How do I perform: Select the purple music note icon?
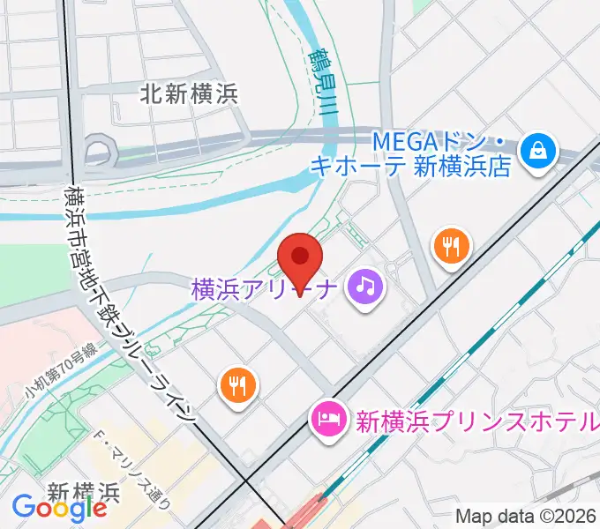pyautogui.click(x=364, y=286)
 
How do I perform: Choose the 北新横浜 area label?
pyautogui.click(x=189, y=93)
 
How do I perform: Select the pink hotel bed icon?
pyautogui.click(x=329, y=419)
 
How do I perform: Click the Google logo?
pyautogui.click(x=59, y=508)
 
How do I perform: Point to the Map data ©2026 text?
pyautogui.click(x=527, y=517)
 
